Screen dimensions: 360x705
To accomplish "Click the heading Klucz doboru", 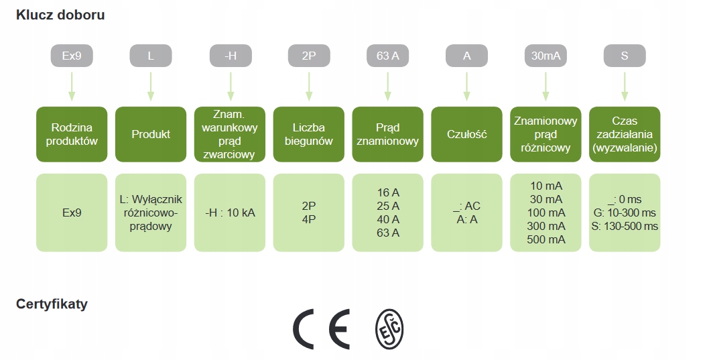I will tap(60, 15).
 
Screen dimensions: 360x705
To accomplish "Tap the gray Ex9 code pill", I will tap(72, 56).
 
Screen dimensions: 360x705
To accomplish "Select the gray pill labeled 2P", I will tap(309, 56).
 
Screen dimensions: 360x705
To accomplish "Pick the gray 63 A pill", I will tap(388, 56).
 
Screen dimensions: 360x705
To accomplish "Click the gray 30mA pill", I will tap(546, 56).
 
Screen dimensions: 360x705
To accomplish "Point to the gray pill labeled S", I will tap(625, 56).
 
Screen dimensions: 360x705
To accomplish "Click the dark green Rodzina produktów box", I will tap(72, 134).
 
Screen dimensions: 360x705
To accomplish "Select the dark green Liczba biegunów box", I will tap(309, 134).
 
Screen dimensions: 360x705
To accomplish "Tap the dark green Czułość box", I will tap(466, 134).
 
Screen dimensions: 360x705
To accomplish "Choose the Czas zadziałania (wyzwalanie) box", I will tap(625, 134).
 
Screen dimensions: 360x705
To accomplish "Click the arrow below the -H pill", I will tap(231, 86).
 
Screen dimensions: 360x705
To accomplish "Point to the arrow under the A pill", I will tap(466, 86).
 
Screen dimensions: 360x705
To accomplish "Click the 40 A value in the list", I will tap(388, 219).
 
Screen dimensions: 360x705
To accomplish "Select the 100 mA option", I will tap(546, 213).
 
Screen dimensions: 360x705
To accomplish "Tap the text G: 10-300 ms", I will tap(625, 213).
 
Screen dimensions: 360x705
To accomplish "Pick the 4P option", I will tap(309, 219).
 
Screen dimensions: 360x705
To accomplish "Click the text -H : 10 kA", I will tap(231, 213).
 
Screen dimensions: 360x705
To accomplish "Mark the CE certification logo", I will tap(322, 330).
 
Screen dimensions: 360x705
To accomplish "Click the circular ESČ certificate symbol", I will tap(389, 330).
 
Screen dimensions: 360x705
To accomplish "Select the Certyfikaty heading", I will tap(52, 304).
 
